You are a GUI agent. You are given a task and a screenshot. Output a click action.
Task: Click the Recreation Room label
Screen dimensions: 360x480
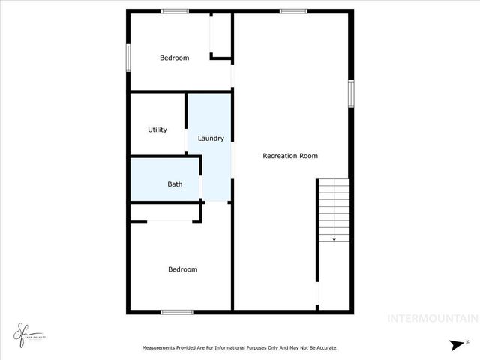tap(290, 156)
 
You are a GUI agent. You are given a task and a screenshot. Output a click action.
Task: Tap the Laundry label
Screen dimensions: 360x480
tap(211, 138)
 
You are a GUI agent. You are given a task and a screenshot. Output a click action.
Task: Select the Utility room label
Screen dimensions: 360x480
tap(157, 130)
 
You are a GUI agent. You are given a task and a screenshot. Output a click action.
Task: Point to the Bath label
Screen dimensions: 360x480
tap(175, 184)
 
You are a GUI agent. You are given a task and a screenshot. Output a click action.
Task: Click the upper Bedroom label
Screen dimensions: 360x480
tap(174, 58)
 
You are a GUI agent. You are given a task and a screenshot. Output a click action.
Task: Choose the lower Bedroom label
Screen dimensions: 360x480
tap(182, 269)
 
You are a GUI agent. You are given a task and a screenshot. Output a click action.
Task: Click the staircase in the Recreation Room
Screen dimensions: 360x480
tap(333, 209)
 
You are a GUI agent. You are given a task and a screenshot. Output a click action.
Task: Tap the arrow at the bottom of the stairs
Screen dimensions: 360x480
tap(334, 238)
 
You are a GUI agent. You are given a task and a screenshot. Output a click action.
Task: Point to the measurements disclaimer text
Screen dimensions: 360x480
tap(240, 347)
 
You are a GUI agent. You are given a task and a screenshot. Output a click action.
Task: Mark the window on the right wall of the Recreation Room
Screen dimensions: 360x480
tap(350, 94)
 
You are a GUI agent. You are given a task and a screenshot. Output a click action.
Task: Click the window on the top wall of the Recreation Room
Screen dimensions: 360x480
tap(293, 11)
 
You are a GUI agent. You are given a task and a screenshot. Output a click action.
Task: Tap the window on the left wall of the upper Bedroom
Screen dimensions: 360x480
tap(129, 57)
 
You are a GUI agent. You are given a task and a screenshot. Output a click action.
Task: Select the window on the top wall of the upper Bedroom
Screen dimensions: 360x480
tap(175, 11)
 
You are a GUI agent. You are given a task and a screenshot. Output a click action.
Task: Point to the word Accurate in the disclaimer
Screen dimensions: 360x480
tap(323, 347)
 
